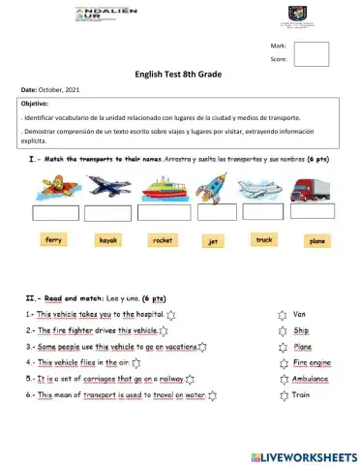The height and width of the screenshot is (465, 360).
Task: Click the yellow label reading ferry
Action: coord(55,238)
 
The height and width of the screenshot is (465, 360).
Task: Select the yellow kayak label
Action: coord(108,238)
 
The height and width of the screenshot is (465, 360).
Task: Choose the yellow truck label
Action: coord(263,238)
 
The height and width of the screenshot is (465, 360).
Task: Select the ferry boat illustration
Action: coord(164,188)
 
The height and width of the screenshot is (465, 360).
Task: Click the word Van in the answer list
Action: coord(300,315)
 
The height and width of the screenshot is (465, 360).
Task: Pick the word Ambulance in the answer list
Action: coord(311,379)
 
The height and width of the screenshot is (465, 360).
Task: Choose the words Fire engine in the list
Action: coord(312,363)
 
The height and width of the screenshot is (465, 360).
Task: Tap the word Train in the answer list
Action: coord(301,395)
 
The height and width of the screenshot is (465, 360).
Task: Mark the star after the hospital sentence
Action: coord(172,316)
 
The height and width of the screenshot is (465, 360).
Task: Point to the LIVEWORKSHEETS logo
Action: coord(302,454)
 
